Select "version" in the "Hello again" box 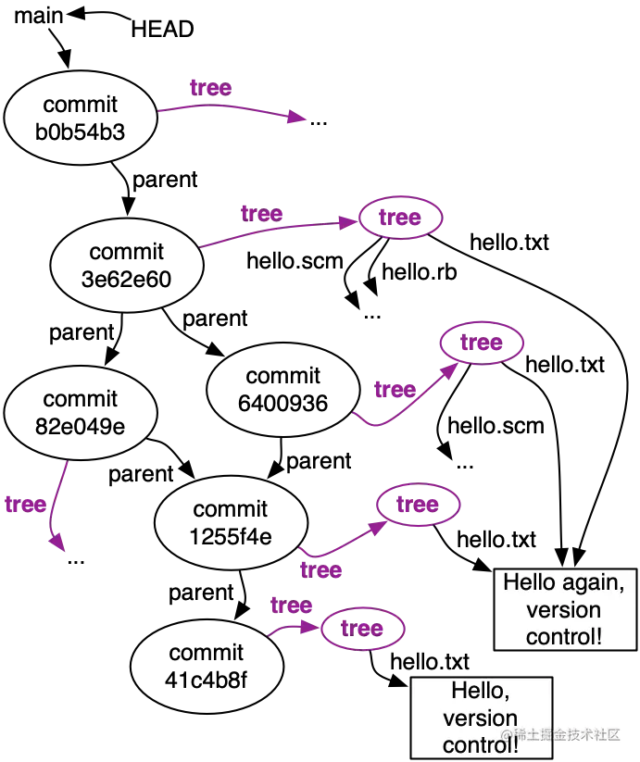tap(563, 610)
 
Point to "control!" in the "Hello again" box tap(563, 637)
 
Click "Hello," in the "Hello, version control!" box tap(480, 691)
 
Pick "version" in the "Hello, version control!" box tap(480, 718)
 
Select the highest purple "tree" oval tap(401, 218)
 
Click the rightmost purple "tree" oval tap(482, 344)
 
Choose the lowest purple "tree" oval tap(362, 630)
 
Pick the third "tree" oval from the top tap(419, 505)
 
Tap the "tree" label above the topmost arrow tap(212, 88)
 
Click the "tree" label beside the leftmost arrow tap(25, 506)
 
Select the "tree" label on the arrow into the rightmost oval tap(394, 390)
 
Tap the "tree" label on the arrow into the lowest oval tap(291, 606)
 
